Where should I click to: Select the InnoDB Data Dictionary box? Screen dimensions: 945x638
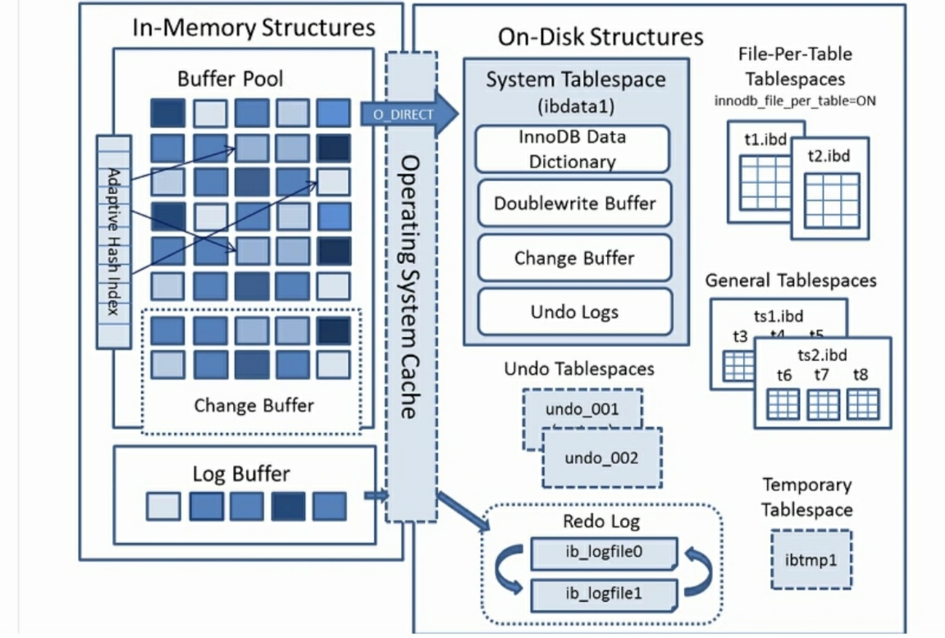tap(572, 148)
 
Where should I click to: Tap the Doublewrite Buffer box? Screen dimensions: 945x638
tap(574, 203)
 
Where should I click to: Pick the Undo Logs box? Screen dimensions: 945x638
tap(574, 312)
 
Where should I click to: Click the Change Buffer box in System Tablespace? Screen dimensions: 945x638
tap(574, 257)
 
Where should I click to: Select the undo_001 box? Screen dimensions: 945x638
tap(582, 409)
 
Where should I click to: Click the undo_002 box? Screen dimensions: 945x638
tap(601, 458)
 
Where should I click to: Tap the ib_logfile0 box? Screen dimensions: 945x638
tap(604, 553)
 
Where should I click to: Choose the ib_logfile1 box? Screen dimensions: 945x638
tap(604, 594)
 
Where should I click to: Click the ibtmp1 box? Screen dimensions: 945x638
tap(811, 559)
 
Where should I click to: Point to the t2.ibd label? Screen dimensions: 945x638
tap(829, 156)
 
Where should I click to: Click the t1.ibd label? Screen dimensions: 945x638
tap(765, 139)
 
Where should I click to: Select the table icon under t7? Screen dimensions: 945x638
tap(823, 403)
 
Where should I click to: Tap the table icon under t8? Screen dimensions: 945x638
tap(862, 403)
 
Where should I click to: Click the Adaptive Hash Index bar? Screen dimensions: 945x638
tap(113, 242)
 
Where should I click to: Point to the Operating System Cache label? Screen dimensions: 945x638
tap(410, 287)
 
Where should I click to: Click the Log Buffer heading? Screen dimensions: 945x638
tap(241, 473)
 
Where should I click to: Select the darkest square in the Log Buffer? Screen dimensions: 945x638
tap(288, 506)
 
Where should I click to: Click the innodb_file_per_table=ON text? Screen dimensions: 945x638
tap(795, 101)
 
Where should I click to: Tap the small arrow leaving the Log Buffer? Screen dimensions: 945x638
tap(377, 495)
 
